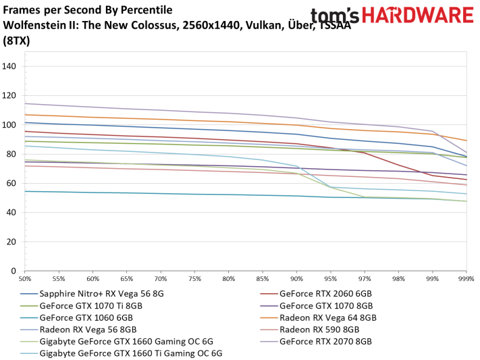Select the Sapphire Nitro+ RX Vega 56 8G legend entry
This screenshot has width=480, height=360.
point(101,294)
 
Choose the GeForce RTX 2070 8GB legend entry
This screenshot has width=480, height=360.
point(325,341)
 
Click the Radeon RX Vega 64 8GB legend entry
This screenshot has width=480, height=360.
point(327,317)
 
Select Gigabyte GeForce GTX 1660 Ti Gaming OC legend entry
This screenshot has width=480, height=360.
point(130,353)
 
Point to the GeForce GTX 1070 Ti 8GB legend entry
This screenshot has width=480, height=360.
point(90,306)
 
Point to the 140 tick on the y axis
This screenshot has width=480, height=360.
point(9,66)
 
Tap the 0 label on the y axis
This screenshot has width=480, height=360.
point(14,271)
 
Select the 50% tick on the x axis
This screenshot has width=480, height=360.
point(24,278)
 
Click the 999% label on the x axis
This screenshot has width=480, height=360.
point(466,278)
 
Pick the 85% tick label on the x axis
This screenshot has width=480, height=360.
point(263,278)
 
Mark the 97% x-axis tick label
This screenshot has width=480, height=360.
point(365,278)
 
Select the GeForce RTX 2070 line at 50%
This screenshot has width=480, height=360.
point(25,103)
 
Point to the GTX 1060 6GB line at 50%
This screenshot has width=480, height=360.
point(25,191)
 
